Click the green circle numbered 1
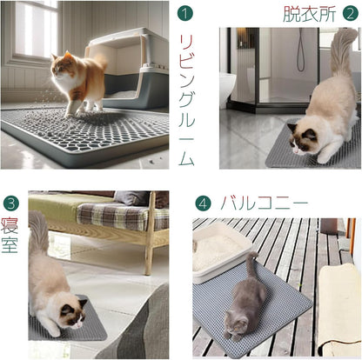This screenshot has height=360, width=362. pos(184,15)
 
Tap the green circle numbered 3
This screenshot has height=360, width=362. pos(10,203)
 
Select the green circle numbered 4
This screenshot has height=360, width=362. pos(203,203)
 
